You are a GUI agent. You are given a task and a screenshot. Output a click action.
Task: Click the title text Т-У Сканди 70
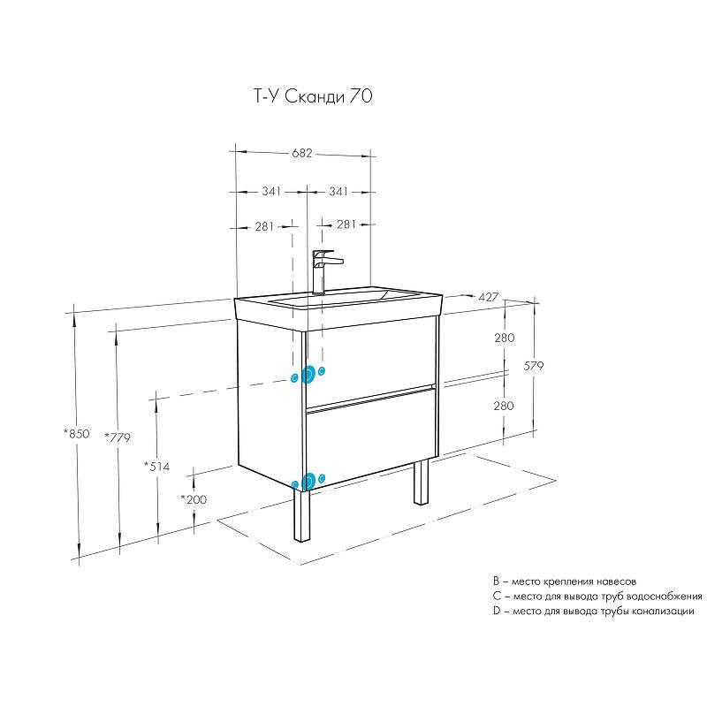pos(314,96)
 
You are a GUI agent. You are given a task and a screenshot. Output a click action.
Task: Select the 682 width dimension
pos(301,153)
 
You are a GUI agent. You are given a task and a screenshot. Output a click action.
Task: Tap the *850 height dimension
pos(77,434)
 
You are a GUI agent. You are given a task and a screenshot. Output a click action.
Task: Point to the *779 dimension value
pos(118,437)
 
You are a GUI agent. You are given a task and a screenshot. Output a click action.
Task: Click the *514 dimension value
pos(157,467)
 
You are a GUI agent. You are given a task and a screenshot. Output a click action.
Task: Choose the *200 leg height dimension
pos(194,499)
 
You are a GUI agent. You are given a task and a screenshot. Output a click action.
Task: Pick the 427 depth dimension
pos(489,297)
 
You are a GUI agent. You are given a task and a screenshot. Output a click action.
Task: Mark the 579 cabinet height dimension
pos(534,366)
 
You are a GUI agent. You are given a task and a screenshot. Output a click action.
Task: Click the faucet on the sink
pos(325,271)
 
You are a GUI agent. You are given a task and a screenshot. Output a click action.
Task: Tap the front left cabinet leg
pos(301,515)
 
